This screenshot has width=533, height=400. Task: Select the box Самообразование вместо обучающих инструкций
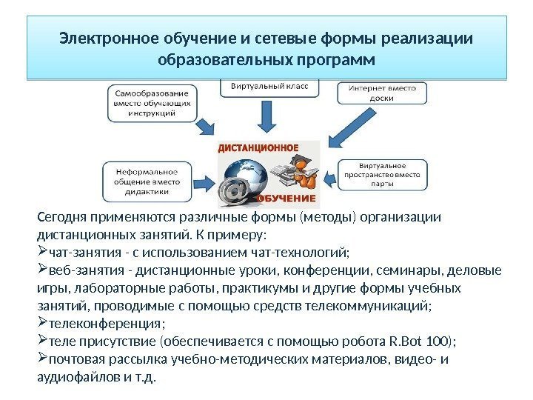153,104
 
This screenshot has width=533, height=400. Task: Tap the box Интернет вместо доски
382,93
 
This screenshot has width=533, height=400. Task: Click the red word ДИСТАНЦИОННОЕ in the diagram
258,147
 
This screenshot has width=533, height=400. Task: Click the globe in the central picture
245,175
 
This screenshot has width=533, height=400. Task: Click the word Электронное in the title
96,38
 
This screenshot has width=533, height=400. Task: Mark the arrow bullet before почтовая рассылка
41,359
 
